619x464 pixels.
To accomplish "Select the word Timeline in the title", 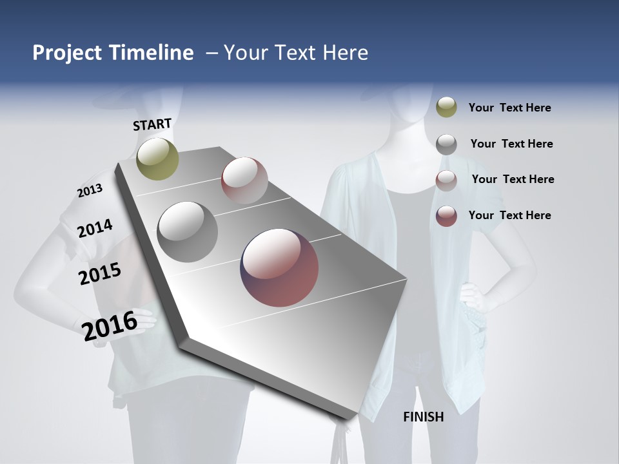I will click(151, 53).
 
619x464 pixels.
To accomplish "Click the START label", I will click(152, 124).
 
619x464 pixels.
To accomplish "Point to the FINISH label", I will click(424, 417).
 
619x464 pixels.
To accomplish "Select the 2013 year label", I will click(90, 191).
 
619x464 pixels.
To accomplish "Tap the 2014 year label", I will click(95, 229).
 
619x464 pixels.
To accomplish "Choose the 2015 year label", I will click(100, 274).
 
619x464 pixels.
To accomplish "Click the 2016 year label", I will click(110, 326).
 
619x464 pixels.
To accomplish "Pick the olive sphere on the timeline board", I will click(157, 159).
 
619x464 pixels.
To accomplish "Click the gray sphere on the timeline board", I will click(188, 232).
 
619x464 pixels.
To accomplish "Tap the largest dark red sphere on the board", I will click(279, 267).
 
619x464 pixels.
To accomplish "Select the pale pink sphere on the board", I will click(244, 180).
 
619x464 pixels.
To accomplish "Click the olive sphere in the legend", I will click(446, 107).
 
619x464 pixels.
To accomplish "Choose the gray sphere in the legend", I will click(446, 144).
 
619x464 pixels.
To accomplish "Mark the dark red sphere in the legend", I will click(446, 216).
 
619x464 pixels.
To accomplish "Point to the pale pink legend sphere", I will click(446, 180).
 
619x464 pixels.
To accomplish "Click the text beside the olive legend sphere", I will click(509, 108).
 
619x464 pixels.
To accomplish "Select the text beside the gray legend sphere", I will click(511, 144).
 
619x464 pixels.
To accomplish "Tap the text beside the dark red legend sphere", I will click(509, 215).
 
